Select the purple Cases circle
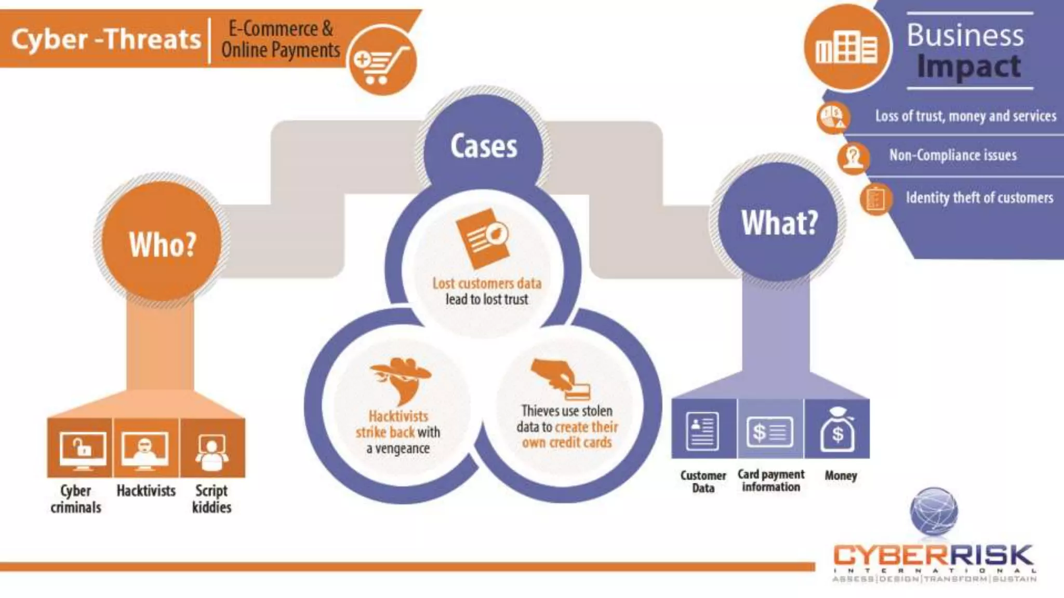click(x=483, y=146)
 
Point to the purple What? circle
click(x=779, y=222)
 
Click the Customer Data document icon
click(x=702, y=430)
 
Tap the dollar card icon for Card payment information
click(x=769, y=431)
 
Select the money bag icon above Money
click(x=837, y=430)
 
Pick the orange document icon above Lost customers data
click(x=483, y=238)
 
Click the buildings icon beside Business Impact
click(x=846, y=48)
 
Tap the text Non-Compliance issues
click(x=952, y=155)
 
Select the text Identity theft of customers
click(x=979, y=198)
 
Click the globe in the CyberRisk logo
click(x=934, y=512)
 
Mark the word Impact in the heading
click(x=968, y=67)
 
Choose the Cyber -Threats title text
click(x=106, y=39)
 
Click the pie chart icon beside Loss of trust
click(x=833, y=117)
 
